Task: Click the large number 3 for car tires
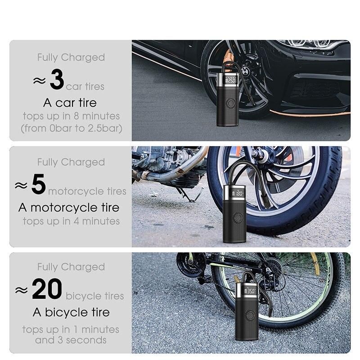(57, 79)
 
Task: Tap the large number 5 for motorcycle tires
(39, 184)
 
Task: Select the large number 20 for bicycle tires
(47, 288)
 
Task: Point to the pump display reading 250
(230, 80)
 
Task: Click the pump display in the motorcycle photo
(238, 193)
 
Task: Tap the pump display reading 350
(250, 291)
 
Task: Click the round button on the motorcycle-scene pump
(238, 217)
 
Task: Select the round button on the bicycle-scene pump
(250, 315)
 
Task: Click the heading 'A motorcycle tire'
(69, 207)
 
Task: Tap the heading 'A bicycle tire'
(71, 312)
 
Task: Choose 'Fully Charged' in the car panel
(71, 58)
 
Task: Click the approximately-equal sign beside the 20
(21, 290)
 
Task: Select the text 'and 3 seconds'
(71, 340)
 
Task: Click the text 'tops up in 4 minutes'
(71, 221)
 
